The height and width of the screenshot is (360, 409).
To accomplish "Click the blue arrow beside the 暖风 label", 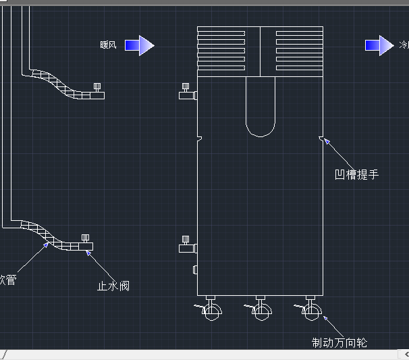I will pos(139,45).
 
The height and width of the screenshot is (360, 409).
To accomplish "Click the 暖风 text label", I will pos(108,45).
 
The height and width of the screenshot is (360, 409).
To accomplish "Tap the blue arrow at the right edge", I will pos(379,45).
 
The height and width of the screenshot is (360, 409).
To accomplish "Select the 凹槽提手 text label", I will pos(357,175).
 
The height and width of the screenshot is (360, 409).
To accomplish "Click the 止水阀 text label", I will pos(113,286).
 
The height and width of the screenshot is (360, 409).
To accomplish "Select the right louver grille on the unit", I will pos(299,51).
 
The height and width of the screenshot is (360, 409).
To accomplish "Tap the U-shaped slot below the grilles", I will pos(261,108).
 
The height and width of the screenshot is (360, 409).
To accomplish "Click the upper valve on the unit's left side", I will pos(187,93).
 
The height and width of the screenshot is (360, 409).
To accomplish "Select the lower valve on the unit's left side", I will pos(187,246).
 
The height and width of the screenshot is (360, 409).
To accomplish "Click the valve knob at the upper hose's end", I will pos(98,87).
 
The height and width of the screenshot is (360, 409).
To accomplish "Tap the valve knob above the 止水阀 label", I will pos(86,238).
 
